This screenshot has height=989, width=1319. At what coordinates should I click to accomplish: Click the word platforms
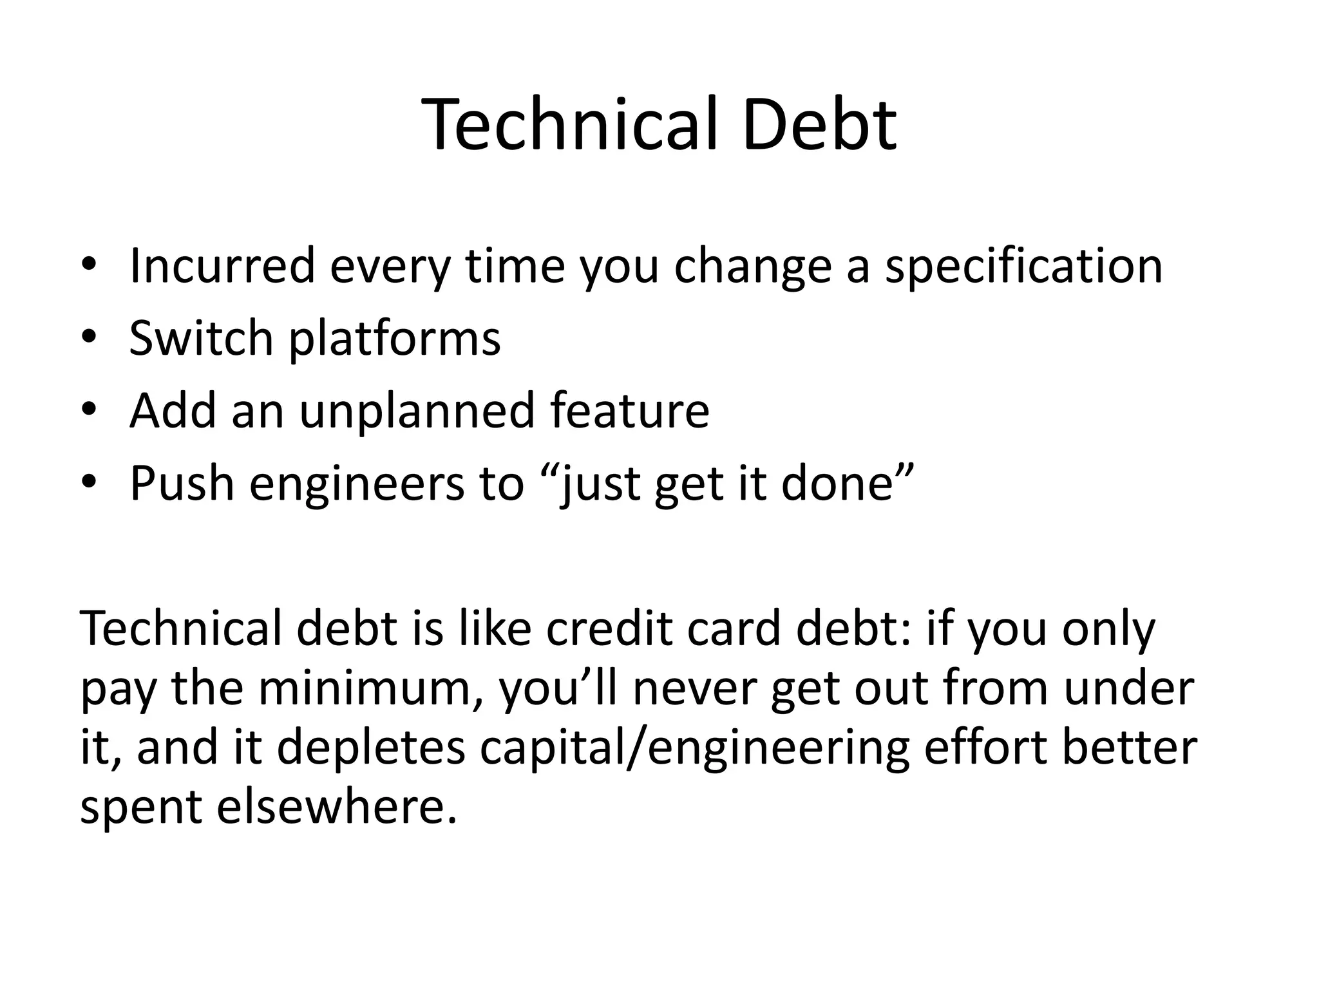click(x=394, y=339)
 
